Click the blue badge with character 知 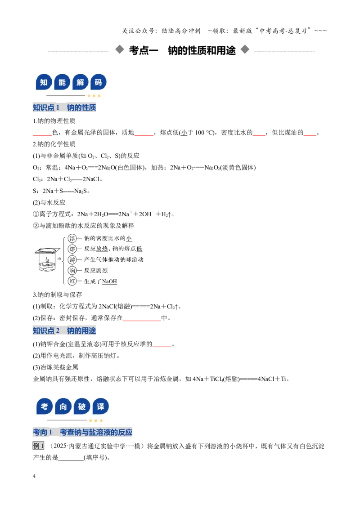[44, 82]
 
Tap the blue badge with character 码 [98, 82]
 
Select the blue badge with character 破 [82, 406]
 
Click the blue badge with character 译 [100, 406]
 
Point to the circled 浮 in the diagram [72, 239]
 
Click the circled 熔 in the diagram [72, 249]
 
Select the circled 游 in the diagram [72, 260]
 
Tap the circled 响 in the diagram [72, 270]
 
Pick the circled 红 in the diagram [72, 281]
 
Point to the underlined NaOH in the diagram [109, 281]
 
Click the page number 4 [34, 476]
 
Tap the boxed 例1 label [38, 446]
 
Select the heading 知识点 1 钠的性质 [64, 107]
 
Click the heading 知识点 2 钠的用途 [64, 331]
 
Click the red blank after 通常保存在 [142, 321]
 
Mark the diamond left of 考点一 [120, 49]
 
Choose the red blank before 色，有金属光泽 [42, 135]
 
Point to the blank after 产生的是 [71, 460]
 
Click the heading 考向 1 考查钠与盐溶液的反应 [82, 433]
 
